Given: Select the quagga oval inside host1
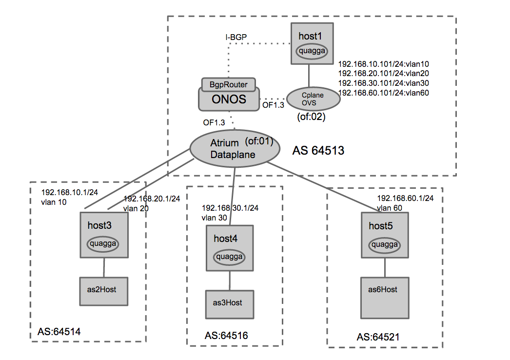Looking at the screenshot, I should point(310,51).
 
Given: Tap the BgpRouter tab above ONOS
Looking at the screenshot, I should point(229,84).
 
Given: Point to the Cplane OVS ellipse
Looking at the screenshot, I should point(313,99).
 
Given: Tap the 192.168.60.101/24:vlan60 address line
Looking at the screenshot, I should point(383,93).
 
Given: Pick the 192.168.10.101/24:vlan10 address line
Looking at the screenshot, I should point(383,63).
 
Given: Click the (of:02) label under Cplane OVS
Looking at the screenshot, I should point(311,117).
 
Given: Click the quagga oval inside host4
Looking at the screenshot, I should point(230,257).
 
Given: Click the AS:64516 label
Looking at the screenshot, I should point(226,336).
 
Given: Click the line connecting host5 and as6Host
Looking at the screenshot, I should point(386,267).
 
